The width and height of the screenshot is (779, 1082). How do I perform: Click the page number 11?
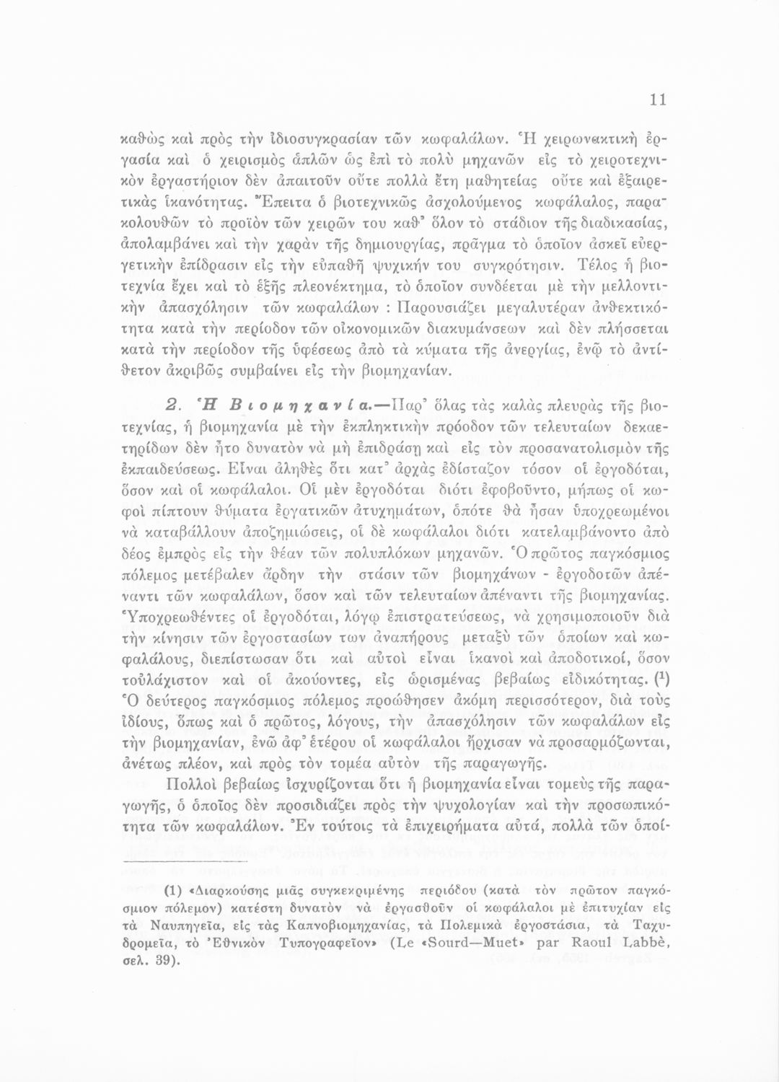(657, 101)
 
